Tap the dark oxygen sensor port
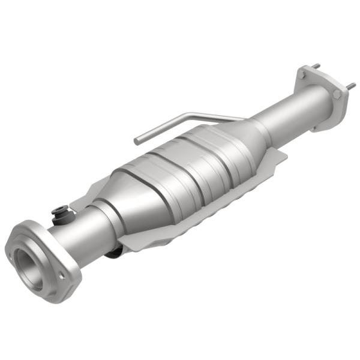tap(60, 212)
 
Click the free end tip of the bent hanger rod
tap(137, 141)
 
